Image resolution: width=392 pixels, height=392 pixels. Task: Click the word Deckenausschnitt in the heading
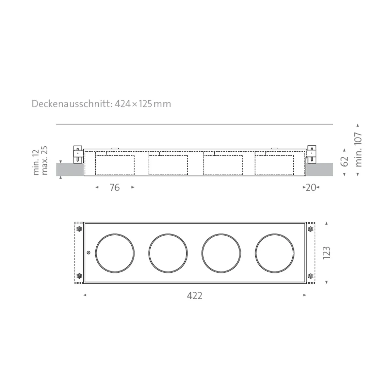[x=72, y=104]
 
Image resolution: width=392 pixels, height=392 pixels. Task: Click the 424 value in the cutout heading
[x=123, y=104]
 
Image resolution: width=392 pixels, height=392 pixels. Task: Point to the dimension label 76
[x=115, y=188]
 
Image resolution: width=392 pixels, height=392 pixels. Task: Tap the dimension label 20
[x=311, y=188]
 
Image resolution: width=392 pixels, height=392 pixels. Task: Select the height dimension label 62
[x=344, y=162]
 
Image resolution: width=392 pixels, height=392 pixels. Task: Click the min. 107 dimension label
[x=358, y=150]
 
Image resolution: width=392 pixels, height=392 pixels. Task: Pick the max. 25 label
[x=44, y=160]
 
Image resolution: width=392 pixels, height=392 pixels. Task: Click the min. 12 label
[x=36, y=162]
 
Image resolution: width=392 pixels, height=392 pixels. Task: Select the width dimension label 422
[x=195, y=296]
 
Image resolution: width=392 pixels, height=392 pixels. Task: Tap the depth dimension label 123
[x=326, y=253]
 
